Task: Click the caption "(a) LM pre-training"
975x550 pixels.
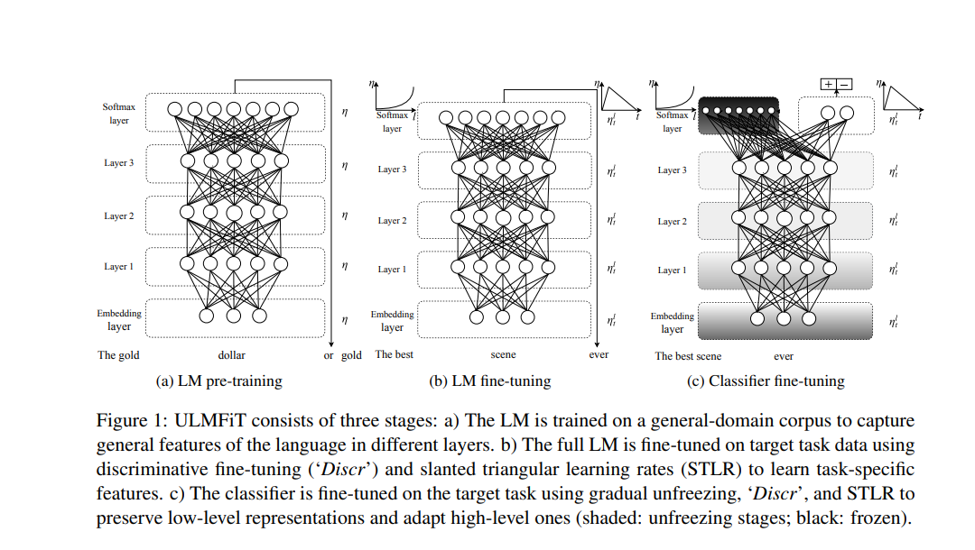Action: coord(219,380)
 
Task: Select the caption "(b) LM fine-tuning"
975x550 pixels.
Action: coord(489,380)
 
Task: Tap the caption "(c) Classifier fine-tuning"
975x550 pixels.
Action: coord(766,380)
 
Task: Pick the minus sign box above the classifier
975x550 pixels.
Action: coord(845,84)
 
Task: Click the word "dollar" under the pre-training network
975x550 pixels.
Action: coord(232,355)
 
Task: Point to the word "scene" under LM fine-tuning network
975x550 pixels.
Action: coord(503,355)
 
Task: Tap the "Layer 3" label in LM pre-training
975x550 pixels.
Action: coord(119,163)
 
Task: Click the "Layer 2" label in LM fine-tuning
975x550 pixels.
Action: coord(392,221)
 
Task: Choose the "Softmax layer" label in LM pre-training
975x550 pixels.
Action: coord(119,114)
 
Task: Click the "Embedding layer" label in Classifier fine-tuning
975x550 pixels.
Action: coord(673,323)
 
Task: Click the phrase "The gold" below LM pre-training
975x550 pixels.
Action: coord(118,355)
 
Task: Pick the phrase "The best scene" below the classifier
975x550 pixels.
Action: coord(688,356)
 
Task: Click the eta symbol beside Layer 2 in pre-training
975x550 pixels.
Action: coord(344,215)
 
